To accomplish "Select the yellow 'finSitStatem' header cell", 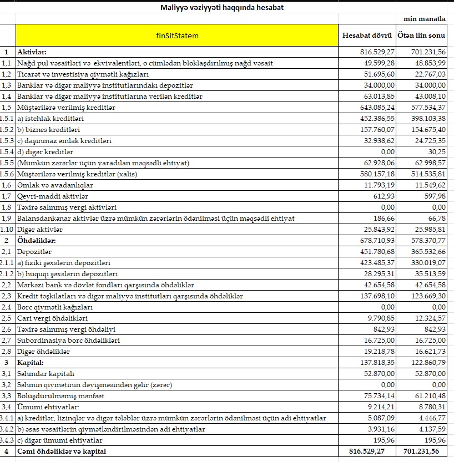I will [177, 35].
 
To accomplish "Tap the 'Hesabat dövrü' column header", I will [367, 35].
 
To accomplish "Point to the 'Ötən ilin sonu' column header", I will [422, 35].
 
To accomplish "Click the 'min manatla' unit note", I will [428, 19].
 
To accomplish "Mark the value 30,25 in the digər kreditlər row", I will [436, 152].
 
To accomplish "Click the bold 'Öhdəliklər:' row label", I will [37, 241].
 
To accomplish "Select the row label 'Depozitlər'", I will [33, 252].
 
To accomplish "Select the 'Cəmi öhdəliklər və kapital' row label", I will [62, 451].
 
